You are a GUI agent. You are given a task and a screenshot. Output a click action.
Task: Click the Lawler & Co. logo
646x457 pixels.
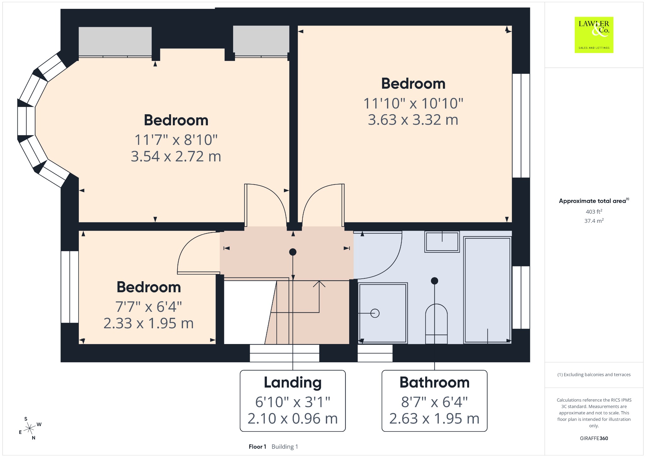594,35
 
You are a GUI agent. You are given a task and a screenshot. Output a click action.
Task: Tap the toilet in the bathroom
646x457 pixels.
436,324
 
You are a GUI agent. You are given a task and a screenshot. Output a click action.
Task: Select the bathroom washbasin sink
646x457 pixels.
442,242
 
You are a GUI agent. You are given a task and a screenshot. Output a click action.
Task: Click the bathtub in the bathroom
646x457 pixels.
487,290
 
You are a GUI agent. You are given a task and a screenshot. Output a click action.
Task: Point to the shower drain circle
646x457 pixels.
375,313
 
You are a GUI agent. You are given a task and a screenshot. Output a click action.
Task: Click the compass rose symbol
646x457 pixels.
30,428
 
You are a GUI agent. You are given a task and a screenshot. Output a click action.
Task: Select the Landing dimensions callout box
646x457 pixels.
293,401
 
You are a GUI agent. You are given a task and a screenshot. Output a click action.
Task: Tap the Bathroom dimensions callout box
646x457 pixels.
434,401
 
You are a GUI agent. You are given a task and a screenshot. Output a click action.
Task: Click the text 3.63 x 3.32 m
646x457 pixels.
413,120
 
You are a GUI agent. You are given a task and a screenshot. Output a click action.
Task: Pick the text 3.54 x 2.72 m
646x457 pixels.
176,157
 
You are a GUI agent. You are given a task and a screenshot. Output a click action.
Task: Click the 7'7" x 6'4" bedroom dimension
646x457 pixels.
149,307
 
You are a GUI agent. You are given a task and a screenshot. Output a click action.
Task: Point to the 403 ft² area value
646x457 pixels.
594,211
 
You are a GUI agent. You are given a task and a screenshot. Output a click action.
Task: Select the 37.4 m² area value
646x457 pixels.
594,221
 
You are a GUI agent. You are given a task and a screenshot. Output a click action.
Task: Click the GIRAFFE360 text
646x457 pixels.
594,438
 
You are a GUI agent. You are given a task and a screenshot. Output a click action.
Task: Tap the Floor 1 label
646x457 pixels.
257,447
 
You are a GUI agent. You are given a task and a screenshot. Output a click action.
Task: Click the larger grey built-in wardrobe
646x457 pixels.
115,42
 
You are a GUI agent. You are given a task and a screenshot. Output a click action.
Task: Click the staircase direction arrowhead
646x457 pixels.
319,284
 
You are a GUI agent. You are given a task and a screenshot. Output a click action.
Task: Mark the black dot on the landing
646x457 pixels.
293,252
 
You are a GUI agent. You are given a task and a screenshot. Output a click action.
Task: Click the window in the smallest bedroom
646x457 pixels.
70,287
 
